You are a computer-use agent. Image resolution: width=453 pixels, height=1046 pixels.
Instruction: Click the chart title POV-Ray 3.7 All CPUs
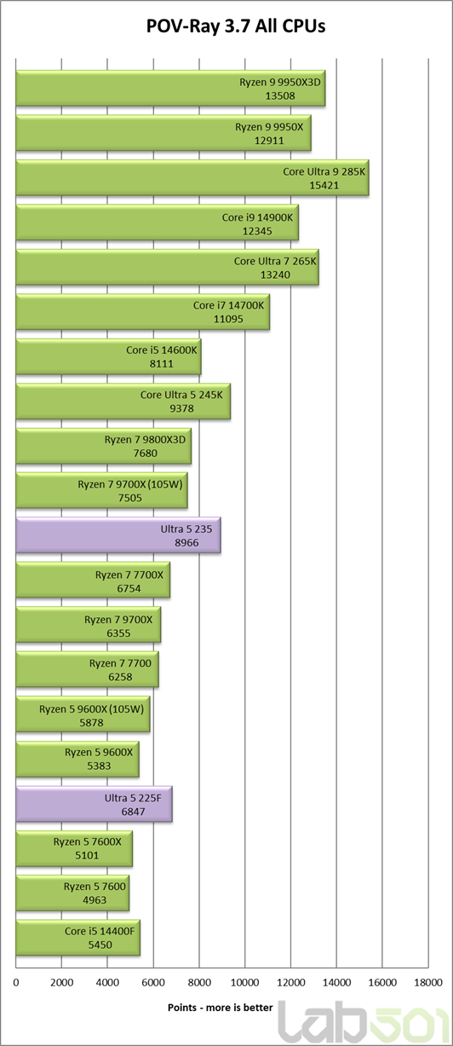(x=236, y=26)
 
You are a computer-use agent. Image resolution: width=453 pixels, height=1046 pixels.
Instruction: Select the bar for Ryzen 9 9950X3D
(x=171, y=89)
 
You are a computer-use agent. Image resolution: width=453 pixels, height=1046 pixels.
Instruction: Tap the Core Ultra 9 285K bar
(x=192, y=178)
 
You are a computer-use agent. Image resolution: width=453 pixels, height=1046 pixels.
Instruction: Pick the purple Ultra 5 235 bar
(x=118, y=535)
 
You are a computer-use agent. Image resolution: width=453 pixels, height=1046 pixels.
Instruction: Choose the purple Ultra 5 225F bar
(x=95, y=804)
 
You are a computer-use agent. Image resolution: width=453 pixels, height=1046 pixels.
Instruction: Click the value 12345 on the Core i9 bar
(x=257, y=231)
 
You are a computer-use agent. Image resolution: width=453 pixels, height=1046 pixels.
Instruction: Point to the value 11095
(x=228, y=319)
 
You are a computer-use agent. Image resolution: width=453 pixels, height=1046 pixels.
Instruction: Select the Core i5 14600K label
(x=162, y=350)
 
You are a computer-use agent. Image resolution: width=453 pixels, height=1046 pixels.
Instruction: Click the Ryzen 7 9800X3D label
(x=145, y=439)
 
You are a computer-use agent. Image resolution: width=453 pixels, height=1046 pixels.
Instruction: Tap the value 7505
(x=129, y=498)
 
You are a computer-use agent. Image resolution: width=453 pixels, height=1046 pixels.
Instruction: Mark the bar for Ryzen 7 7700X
(x=93, y=580)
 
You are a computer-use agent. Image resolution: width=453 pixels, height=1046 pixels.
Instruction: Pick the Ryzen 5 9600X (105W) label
(x=91, y=709)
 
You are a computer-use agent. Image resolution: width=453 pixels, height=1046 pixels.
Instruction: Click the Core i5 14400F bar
(x=77, y=938)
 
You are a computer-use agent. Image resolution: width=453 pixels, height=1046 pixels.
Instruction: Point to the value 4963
(x=95, y=900)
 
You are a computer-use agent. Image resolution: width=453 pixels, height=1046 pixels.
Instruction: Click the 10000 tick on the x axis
(x=245, y=983)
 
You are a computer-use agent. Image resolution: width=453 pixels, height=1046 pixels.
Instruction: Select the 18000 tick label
(x=427, y=983)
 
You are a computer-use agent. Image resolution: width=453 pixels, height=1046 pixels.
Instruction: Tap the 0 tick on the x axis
(x=16, y=983)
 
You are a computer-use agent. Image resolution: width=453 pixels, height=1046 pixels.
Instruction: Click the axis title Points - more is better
(x=221, y=1008)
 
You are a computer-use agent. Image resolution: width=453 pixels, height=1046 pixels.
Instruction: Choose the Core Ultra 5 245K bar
(x=123, y=402)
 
